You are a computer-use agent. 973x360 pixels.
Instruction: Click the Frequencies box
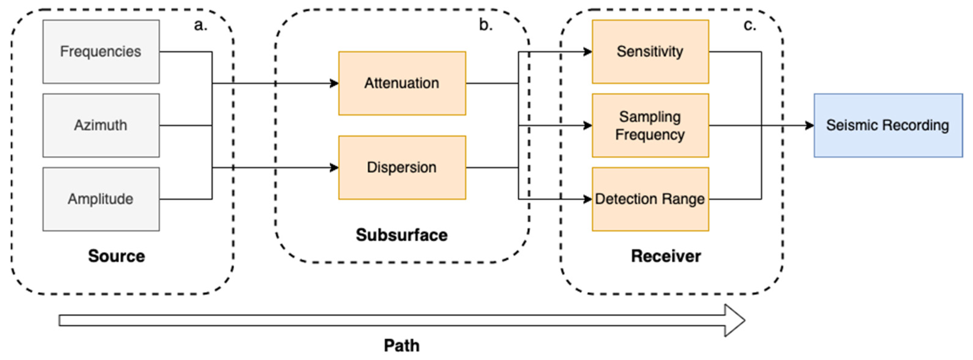point(101,52)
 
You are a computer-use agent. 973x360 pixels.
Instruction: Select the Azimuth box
point(101,126)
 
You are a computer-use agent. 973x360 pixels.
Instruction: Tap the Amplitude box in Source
point(101,199)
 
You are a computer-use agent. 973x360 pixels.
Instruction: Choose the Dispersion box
point(402,167)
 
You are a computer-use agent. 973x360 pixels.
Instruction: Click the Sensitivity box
point(650,52)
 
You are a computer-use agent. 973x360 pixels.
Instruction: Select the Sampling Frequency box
point(650,126)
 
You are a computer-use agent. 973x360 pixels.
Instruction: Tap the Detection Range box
point(650,199)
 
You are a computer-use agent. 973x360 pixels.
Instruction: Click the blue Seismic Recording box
point(888,126)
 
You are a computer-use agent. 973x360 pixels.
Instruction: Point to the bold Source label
point(116,256)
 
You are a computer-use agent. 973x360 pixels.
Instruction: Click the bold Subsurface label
point(402,235)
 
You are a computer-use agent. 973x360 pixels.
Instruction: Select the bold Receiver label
point(666,256)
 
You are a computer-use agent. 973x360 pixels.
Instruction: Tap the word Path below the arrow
point(402,346)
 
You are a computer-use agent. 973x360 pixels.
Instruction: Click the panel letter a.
point(200,25)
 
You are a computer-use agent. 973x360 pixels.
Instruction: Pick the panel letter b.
point(485,25)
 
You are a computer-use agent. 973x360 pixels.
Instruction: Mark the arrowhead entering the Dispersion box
point(334,167)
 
